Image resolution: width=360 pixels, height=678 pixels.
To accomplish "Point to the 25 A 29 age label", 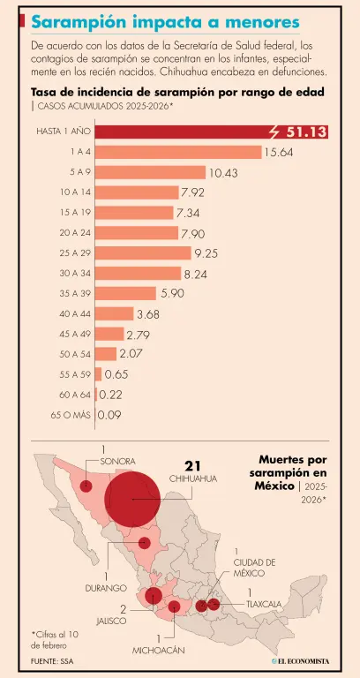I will pos(75,252).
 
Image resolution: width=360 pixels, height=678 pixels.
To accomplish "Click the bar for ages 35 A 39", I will pos(125,293).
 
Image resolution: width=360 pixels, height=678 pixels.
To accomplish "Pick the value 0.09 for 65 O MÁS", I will pos(110,414).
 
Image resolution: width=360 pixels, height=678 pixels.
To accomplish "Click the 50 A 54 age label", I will pos(75,353).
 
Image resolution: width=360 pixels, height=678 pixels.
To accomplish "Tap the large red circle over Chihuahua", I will pos(133,498).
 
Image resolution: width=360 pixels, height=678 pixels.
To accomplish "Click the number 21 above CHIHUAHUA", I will pos(194,465).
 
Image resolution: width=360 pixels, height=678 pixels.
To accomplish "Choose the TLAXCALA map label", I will pos(265,604).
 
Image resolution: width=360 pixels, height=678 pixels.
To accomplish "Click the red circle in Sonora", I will pos(86,486).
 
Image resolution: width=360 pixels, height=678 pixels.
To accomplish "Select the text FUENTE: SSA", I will pos(51,661).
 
